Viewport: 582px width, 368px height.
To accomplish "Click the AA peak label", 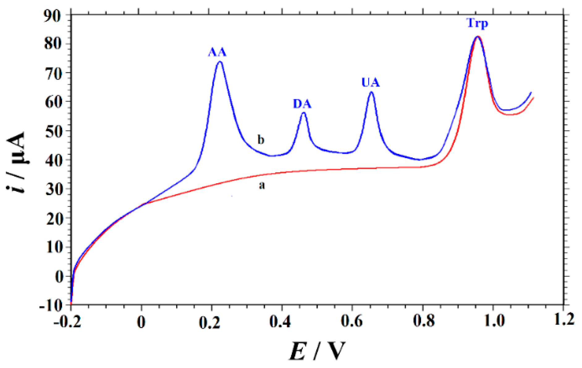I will click(x=217, y=52).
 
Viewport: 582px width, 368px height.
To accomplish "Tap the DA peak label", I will click(x=302, y=104).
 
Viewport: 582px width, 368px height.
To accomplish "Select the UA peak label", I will click(x=370, y=83).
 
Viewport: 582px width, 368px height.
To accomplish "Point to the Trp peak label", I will click(x=477, y=23).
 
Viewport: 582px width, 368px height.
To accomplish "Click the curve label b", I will click(x=261, y=140).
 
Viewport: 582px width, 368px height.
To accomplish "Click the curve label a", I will click(x=262, y=185).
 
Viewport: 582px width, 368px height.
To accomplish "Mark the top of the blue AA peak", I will click(x=220, y=62).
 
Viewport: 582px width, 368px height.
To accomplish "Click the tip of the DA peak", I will click(x=304, y=113).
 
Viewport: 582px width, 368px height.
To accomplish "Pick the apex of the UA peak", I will click(x=371, y=92).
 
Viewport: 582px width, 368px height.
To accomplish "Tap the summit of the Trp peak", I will click(x=477, y=37).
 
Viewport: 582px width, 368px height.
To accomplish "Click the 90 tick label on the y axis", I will click(x=53, y=15).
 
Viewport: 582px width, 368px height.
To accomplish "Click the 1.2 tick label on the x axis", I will click(x=564, y=320).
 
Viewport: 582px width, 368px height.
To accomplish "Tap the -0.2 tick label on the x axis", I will click(x=67, y=322).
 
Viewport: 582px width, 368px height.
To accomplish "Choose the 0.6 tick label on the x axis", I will click(x=352, y=322).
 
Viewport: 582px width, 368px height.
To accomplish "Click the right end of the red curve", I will click(x=533, y=98).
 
